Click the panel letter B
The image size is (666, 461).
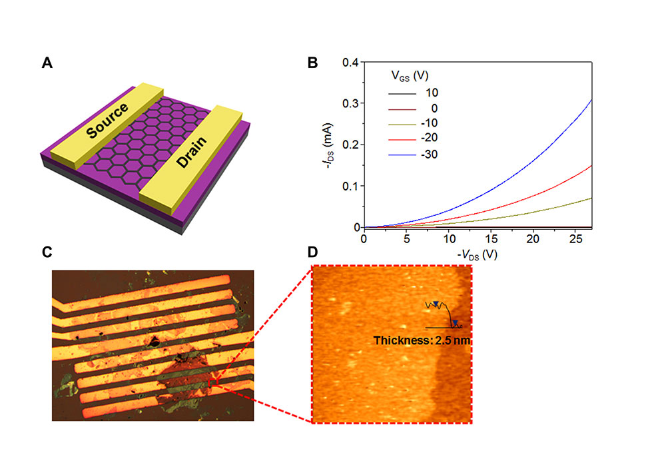[312, 63]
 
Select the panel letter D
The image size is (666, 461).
[312, 252]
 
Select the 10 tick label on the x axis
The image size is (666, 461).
[449, 238]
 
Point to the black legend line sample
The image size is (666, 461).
[402, 93]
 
